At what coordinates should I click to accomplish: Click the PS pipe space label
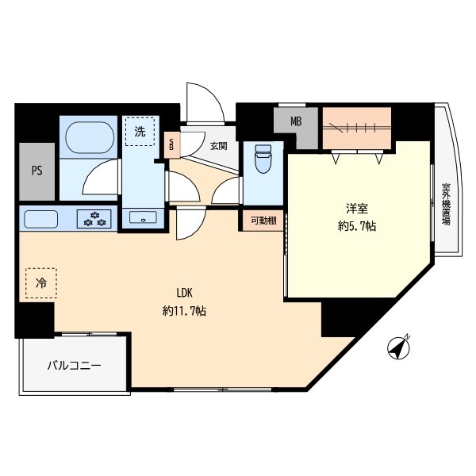[x=37, y=171]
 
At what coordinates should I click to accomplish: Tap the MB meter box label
[x=296, y=121]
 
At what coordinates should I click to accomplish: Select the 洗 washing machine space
[x=140, y=132]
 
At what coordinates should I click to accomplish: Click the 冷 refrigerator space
[x=41, y=283]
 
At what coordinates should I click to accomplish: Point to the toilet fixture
[x=263, y=159]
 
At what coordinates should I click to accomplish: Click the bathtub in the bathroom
[x=90, y=137]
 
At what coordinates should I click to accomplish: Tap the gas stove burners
[x=94, y=219]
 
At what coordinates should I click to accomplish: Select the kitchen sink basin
[x=40, y=219]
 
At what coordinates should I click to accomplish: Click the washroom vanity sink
[x=143, y=217]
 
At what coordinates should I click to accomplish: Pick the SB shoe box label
[x=171, y=145]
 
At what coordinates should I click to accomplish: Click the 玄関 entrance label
[x=219, y=146]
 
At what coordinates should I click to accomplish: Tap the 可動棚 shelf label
[x=263, y=221]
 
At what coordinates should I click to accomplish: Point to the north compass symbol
[x=399, y=347]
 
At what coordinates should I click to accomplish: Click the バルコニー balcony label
[x=74, y=366]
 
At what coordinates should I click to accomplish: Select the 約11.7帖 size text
[x=185, y=311]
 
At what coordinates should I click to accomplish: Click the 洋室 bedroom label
[x=357, y=209]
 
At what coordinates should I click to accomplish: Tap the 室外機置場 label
[x=446, y=204]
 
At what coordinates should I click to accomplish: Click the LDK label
[x=185, y=293]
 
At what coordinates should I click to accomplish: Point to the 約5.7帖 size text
[x=357, y=226]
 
